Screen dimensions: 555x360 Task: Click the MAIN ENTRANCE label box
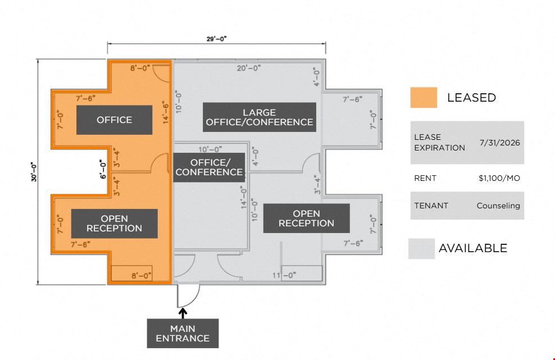(x=183, y=333)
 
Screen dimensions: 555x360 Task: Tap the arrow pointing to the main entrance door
(x=183, y=313)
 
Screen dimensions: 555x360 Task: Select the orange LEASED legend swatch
(x=424, y=97)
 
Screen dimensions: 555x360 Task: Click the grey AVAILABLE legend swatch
(x=421, y=248)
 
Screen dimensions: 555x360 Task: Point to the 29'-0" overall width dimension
(x=216, y=39)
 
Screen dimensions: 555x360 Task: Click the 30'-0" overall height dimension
(x=34, y=172)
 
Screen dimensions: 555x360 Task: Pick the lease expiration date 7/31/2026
(x=500, y=143)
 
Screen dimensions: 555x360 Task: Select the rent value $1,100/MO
(x=499, y=178)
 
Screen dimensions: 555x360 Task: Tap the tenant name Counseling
(x=498, y=206)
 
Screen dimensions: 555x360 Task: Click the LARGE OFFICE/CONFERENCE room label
(x=260, y=117)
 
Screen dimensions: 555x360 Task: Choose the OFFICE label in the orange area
(x=115, y=120)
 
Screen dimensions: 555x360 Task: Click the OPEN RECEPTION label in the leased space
(x=115, y=224)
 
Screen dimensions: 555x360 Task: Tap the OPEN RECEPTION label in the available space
(x=307, y=218)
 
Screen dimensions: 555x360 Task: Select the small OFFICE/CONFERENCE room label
(x=209, y=167)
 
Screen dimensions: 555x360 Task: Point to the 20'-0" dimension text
(x=249, y=68)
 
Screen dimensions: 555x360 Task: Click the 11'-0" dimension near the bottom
(x=284, y=275)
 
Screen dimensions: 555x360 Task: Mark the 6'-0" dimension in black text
(x=103, y=169)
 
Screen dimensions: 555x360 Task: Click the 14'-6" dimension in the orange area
(x=166, y=112)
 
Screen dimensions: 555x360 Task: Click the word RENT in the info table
(x=425, y=178)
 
